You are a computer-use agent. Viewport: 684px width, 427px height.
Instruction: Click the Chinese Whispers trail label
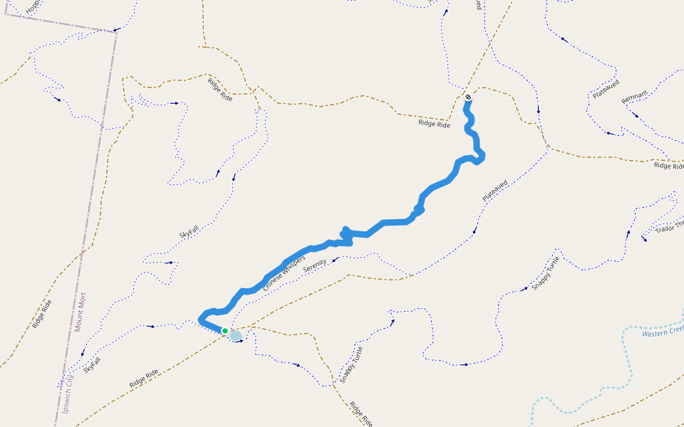coord(284,273)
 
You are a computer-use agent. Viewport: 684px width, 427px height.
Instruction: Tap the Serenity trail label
coord(314,266)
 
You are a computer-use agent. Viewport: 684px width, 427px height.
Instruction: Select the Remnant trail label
coord(634,97)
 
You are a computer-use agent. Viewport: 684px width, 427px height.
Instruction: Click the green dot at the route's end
coord(225,331)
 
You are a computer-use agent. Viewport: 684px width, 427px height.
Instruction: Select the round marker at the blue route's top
coord(468,97)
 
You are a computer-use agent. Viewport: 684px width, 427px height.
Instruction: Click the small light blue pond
coord(235,335)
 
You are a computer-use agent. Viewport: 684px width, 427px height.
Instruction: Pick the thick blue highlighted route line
coord(385,223)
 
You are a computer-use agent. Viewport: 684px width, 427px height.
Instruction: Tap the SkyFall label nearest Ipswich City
coord(91,365)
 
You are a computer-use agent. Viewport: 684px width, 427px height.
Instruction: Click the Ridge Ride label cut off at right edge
coord(668,166)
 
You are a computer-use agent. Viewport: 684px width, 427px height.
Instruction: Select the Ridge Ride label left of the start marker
coord(434,125)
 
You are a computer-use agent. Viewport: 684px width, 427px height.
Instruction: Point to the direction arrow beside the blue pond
coord(241,342)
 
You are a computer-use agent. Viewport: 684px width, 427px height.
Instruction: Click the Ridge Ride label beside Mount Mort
coord(42,314)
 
